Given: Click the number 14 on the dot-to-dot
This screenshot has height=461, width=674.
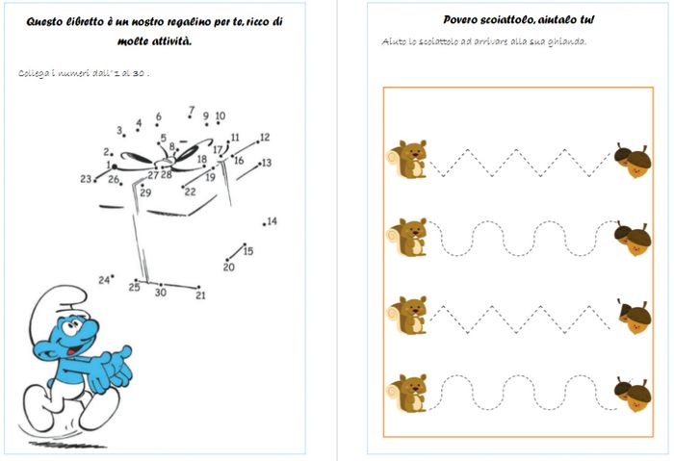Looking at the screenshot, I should [272, 221].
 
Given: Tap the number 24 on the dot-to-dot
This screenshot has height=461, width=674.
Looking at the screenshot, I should [103, 280].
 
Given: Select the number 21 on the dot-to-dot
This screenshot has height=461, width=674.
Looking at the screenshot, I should [200, 295].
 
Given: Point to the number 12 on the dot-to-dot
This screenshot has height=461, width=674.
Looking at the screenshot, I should [265, 138].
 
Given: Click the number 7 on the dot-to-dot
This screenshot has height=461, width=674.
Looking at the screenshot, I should [192, 111].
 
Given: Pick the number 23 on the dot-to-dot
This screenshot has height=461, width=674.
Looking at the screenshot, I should [86, 179].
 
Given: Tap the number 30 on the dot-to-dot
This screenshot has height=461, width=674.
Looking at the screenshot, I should [160, 293].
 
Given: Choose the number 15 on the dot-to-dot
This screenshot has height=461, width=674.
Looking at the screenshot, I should [248, 251].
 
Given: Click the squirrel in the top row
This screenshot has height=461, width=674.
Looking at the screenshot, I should [408, 159].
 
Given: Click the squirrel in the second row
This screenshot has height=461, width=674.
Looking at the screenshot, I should [408, 237].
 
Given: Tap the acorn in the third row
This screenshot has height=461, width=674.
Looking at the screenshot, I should [633, 317].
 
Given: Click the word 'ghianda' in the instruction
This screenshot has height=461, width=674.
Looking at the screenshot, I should [566, 41].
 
